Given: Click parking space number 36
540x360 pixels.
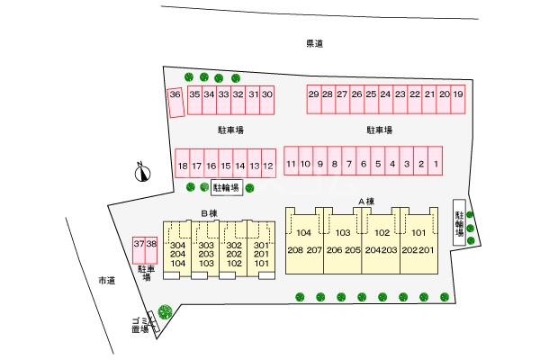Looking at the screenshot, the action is [x=175, y=103].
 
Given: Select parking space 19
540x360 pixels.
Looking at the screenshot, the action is [x=458, y=100].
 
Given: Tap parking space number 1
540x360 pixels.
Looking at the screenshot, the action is [x=436, y=161].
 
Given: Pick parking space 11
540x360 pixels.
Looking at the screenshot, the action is [x=291, y=161].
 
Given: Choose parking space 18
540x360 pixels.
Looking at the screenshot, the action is [x=183, y=163].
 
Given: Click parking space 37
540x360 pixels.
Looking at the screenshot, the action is [x=139, y=250].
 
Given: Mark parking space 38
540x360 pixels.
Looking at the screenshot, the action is [x=151, y=250].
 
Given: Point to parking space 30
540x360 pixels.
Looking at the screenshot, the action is [x=267, y=100].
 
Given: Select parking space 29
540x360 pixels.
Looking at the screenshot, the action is [x=314, y=100].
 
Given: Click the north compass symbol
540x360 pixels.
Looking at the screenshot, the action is [x=142, y=172].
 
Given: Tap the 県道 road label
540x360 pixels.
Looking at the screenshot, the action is [x=315, y=44].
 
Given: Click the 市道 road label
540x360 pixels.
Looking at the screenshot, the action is [x=107, y=281].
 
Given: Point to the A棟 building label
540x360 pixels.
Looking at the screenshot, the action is [x=366, y=202].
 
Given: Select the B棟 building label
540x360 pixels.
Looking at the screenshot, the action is [x=210, y=213].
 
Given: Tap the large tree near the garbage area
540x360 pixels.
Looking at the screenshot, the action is [x=165, y=311].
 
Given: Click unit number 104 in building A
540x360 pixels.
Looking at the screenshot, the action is [x=304, y=233].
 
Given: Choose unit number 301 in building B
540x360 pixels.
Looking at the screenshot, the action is [x=261, y=246].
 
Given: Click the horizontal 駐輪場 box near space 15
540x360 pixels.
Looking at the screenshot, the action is [x=227, y=188].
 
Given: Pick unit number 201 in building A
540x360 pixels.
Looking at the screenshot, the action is [x=427, y=250].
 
